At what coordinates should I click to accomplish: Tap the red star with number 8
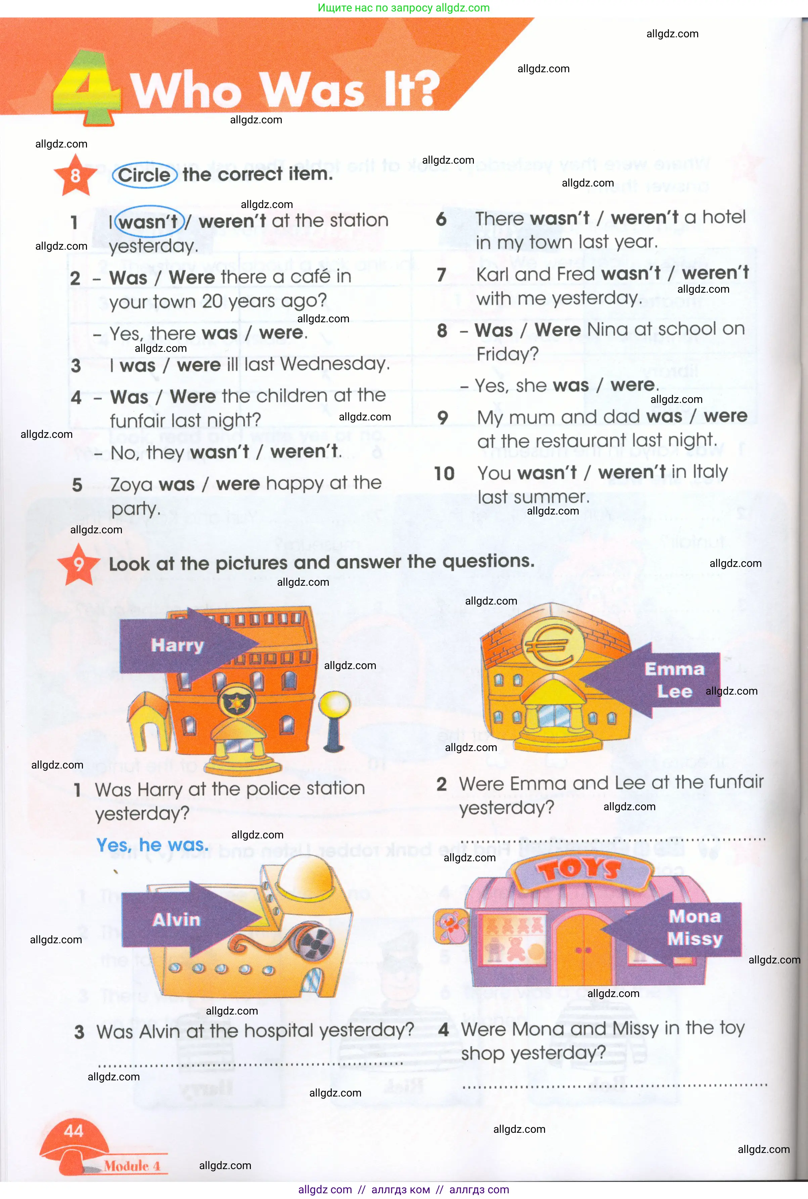coord(75,176)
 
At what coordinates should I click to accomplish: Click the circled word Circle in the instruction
coord(144,175)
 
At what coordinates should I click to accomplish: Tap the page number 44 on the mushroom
coord(73,1131)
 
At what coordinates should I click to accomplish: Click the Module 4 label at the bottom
coord(132,1165)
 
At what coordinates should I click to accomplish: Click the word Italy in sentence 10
coord(710,472)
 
